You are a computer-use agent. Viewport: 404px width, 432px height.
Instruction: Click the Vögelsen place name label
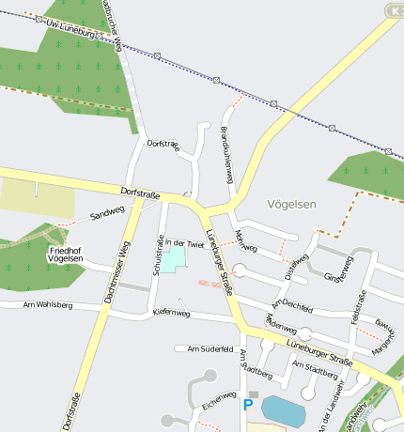292,204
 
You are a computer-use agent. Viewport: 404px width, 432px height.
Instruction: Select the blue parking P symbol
248,405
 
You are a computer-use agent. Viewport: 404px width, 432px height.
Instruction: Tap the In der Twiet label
184,243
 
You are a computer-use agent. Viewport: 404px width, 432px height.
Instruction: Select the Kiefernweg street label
171,313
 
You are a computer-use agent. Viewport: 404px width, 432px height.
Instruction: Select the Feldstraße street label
359,307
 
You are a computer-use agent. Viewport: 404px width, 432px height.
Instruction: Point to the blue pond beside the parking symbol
283,410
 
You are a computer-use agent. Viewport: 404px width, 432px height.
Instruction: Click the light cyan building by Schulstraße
172,259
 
